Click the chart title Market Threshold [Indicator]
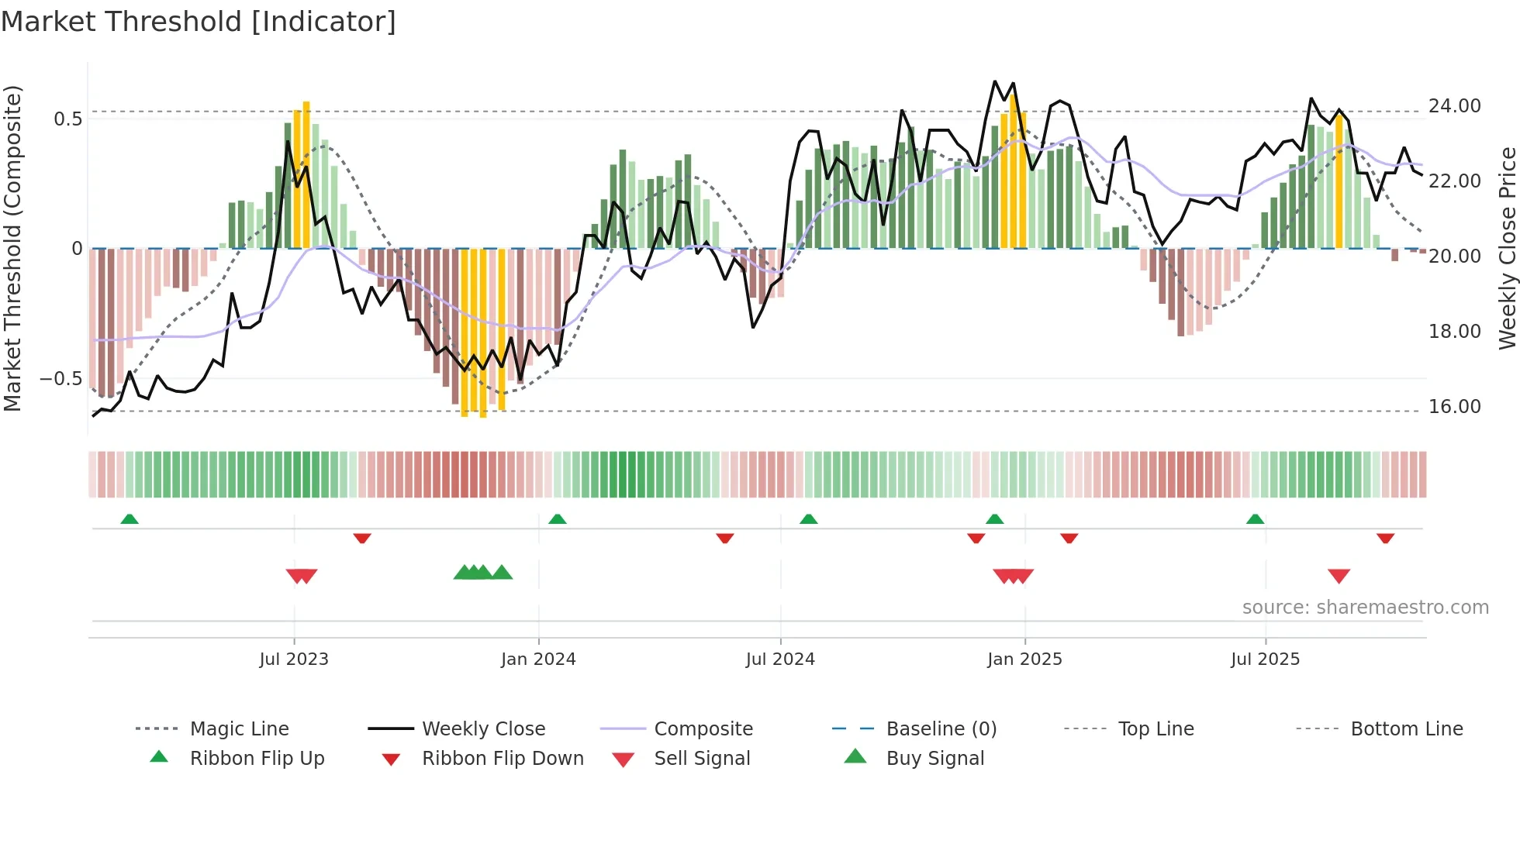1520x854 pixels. [199, 22]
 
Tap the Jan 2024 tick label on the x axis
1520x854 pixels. [538, 659]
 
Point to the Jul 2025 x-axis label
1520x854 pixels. [1265, 659]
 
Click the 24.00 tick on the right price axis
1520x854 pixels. [1454, 106]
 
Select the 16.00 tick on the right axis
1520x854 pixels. [1454, 407]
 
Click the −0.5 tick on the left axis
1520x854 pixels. [60, 379]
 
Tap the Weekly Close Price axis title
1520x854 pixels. [1506, 248]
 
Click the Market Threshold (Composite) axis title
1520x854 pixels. [12, 248]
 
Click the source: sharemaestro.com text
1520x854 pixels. [1365, 608]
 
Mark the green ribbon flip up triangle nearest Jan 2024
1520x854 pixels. [557, 519]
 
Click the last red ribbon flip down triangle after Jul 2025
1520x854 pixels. [1385, 538]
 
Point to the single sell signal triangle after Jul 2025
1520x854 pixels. [1339, 576]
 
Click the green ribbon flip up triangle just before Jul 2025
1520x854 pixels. [1255, 519]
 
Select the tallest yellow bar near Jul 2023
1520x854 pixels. [306, 174]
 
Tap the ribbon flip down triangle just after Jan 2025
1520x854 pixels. [1069, 538]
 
